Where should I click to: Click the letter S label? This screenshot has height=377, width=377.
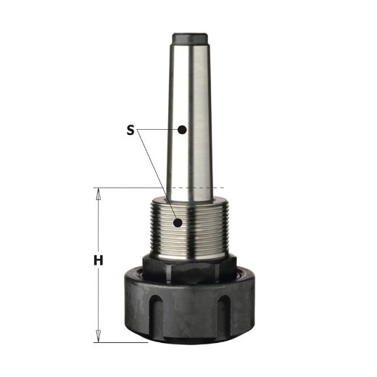pyautogui.click(x=130, y=130)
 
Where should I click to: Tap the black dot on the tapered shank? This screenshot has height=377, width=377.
pyautogui.click(x=183, y=130)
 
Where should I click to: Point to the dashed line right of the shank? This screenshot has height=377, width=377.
pyautogui.click(x=217, y=188)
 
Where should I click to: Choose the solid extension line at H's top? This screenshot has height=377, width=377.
pyautogui.click(x=130, y=188)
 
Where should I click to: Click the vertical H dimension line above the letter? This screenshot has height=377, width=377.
pyautogui.click(x=97, y=225)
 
